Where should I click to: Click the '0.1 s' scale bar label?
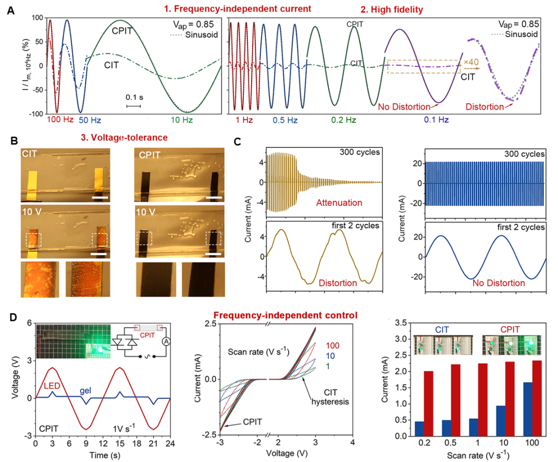(x=133, y=97)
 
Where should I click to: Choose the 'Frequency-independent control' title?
(x=285, y=315)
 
